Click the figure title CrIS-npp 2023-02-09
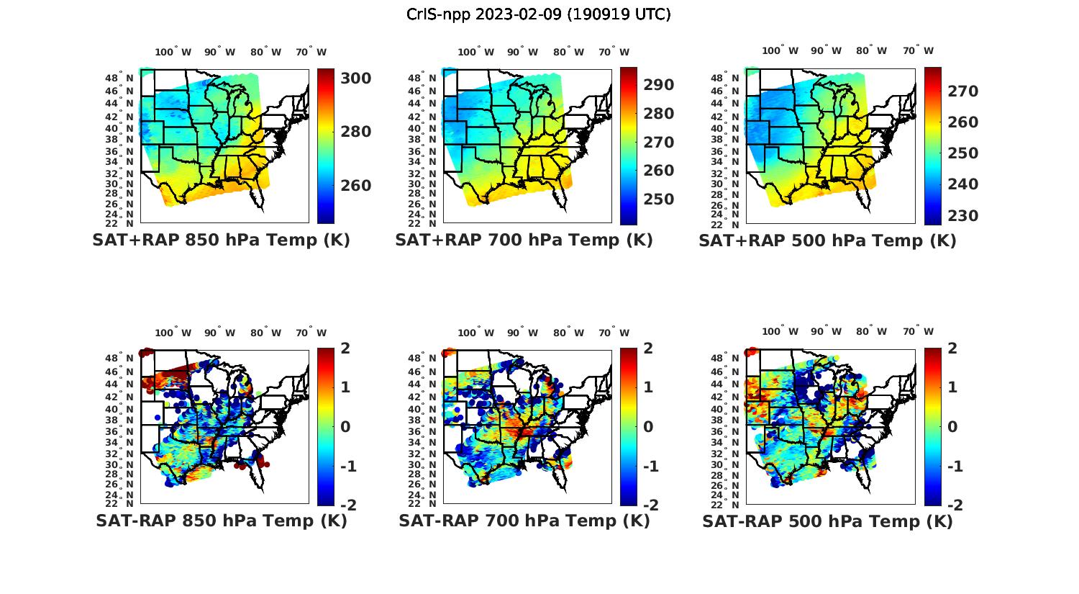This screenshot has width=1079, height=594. coord(539,14)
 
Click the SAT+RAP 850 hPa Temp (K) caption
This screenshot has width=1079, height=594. coord(221,240)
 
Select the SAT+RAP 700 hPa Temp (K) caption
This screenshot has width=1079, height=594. coord(524,240)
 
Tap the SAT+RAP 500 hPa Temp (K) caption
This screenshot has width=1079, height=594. coord(827,241)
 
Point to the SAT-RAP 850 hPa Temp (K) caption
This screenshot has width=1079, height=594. coord(222,521)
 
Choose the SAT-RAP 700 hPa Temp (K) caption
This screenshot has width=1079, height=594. coord(524,521)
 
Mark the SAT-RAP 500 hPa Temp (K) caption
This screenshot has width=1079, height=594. coord(827,521)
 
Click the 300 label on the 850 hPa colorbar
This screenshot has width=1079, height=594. coord(355,78)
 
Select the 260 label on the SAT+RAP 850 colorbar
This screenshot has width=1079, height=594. coord(355,186)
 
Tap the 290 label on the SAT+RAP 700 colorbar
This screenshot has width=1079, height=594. coord(658,85)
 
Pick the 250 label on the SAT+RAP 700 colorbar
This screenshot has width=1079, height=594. coord(658,199)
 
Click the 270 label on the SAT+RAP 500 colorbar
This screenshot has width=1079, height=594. coord(962,91)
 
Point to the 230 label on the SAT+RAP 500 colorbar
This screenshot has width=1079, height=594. coord(962,216)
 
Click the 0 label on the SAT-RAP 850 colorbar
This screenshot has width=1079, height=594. coord(345,427)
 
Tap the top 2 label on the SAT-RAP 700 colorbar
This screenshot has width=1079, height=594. coord(648,348)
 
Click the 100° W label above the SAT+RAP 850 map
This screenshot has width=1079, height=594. coord(173,52)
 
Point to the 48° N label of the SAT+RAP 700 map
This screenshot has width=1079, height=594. coord(422,78)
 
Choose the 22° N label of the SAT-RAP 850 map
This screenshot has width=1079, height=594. coord(119,503)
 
